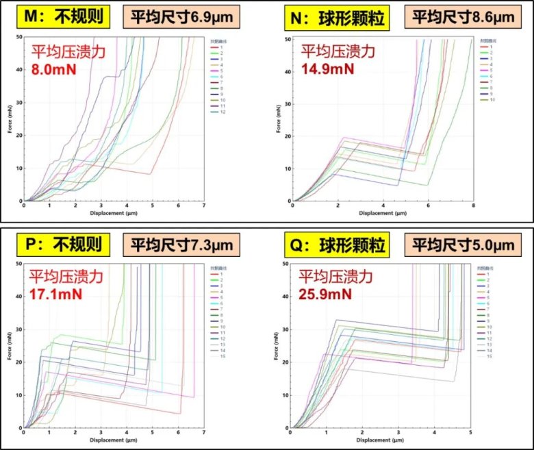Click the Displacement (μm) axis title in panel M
pos(114,213)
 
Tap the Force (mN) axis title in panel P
pos(10,346)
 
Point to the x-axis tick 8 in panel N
pos(473,206)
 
